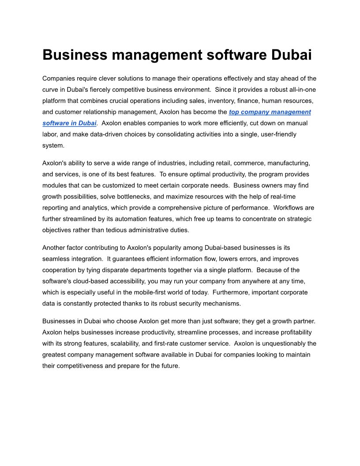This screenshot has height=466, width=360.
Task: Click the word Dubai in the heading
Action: point(291,55)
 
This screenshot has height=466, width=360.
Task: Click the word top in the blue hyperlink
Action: point(234,112)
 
